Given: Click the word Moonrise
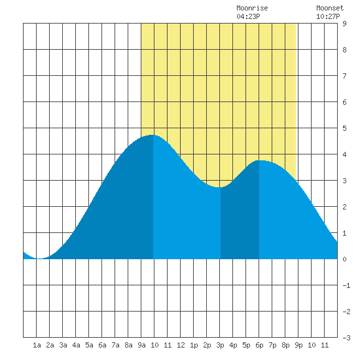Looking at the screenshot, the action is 252,8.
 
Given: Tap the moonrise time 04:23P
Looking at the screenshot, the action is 248,16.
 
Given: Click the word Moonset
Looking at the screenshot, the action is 330,8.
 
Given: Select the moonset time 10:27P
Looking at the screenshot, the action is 328,16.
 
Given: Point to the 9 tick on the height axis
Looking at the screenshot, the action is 344,24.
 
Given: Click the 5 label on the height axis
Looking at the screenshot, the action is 344,128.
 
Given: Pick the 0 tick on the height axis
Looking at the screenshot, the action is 344,259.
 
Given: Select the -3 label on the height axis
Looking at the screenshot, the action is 346,338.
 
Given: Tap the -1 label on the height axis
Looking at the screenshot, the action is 346,285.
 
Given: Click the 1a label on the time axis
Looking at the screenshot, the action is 37,345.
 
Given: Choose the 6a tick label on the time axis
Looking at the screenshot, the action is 102,345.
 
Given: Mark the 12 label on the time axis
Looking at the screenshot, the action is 181,345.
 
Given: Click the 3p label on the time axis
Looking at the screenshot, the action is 220,345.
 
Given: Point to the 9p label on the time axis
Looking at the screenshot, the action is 298,345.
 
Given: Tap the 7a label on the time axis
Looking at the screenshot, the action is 115,345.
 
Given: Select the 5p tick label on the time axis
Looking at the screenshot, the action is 246,345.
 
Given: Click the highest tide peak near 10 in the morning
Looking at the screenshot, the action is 153,135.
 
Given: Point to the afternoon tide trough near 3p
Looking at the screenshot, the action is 220,187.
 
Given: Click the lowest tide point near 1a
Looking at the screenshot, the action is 39,259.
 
